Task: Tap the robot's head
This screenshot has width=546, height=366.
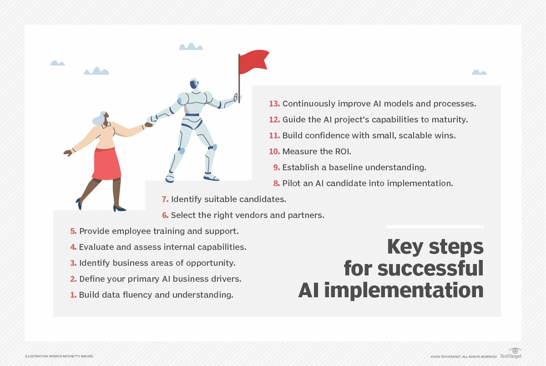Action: coord(194,84)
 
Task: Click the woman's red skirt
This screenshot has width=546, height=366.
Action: coord(106,163)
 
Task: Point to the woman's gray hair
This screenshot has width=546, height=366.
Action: coord(100,118)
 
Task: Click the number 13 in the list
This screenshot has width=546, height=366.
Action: coord(274,104)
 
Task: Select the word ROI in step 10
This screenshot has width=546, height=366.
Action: coord(343,152)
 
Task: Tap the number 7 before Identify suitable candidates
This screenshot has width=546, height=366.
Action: coord(165,199)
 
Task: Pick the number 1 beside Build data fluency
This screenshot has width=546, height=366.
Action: coord(73,295)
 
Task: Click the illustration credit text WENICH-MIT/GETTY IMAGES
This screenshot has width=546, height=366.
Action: coord(71,356)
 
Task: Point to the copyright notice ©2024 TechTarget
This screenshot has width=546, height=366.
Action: coord(464,357)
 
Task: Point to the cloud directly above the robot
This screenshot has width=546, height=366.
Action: coord(191,46)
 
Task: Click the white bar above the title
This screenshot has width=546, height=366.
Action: coord(435,227)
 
